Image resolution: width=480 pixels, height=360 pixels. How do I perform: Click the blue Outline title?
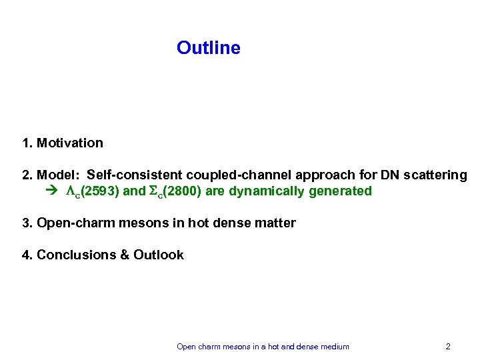[x=208, y=48]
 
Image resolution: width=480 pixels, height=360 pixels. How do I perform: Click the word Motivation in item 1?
[x=70, y=143]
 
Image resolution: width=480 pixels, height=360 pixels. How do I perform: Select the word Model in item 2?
[x=58, y=175]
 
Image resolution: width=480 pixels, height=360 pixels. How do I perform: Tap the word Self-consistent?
[x=135, y=175]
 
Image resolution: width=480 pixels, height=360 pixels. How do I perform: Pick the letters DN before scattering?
[x=389, y=175]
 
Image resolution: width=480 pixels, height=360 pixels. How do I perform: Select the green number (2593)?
[x=98, y=191]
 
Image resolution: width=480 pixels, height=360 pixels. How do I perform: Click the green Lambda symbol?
[x=70, y=191]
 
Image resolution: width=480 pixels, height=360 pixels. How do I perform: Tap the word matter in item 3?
[x=277, y=223]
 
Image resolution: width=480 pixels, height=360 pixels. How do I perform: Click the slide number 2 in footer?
[x=448, y=347]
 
